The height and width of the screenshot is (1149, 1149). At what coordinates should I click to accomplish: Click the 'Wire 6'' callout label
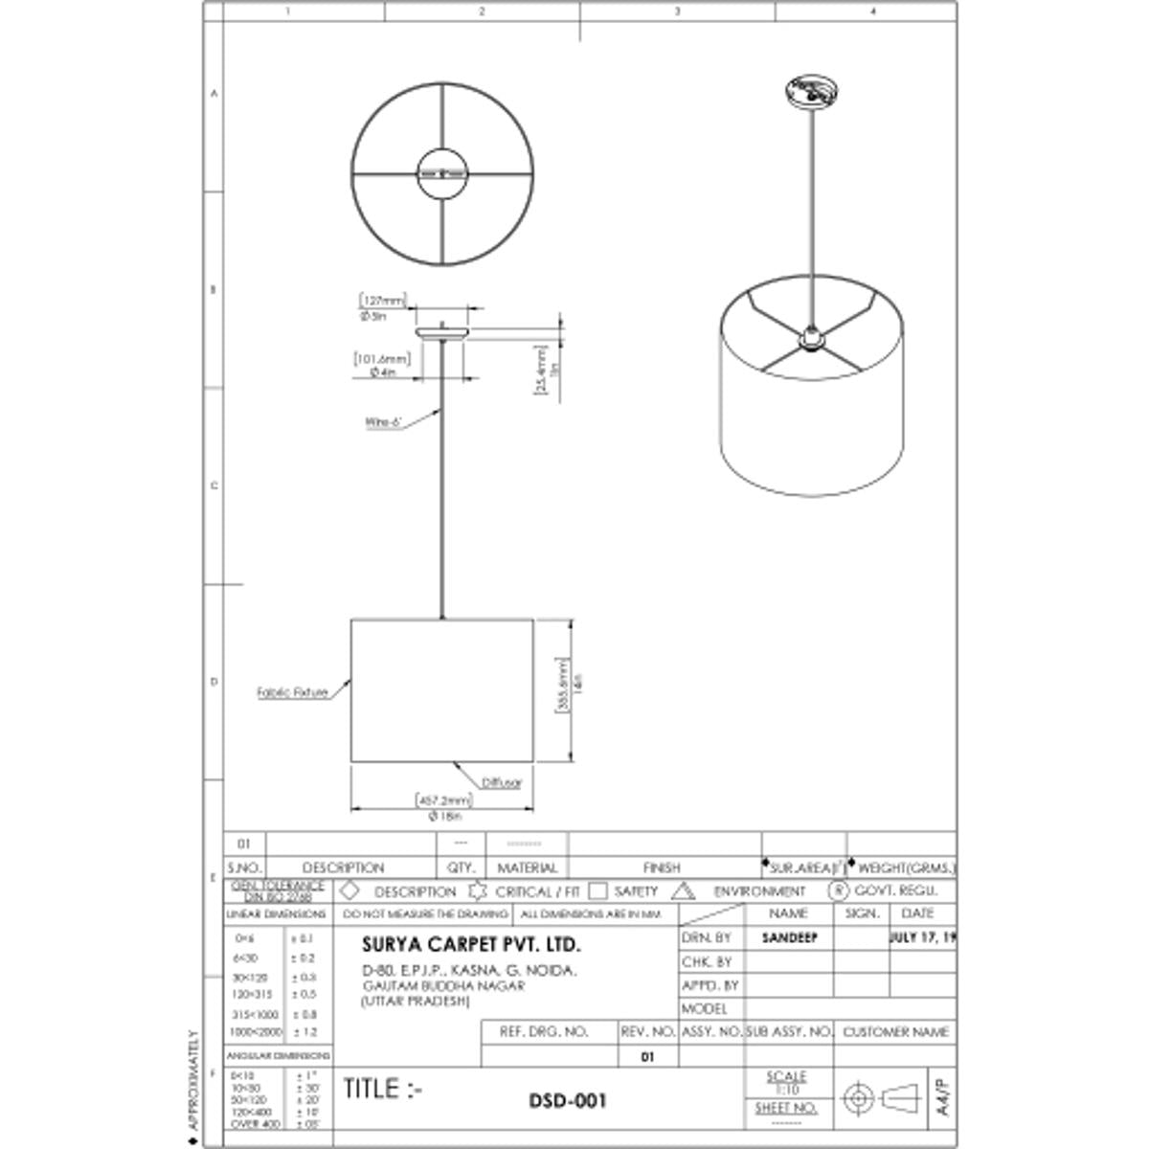[383, 422]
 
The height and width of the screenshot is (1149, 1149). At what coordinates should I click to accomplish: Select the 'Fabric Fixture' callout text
[292, 692]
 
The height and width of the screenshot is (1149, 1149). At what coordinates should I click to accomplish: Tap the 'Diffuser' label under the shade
[502, 783]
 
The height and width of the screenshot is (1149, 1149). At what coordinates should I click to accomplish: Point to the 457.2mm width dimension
[443, 800]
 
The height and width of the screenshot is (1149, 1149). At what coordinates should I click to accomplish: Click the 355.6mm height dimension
[562, 686]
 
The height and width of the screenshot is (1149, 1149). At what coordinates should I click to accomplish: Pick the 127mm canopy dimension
[383, 301]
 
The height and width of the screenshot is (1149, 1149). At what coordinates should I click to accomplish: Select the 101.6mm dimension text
[382, 359]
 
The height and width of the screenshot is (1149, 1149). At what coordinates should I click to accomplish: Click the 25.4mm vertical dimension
[540, 370]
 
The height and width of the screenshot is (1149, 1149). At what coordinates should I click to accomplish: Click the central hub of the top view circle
[442, 173]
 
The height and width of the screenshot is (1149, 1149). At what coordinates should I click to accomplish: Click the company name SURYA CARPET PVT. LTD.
[471, 945]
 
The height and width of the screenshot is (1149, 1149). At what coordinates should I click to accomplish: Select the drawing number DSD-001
[568, 1101]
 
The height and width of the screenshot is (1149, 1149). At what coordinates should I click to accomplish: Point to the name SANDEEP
[790, 938]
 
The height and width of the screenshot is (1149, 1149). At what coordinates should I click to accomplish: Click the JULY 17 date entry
[923, 937]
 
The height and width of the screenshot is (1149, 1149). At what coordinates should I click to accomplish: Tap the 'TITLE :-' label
[383, 1089]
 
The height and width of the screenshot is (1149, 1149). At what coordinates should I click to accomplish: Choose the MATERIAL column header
[527, 867]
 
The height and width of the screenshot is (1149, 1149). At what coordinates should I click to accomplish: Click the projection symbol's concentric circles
[857, 1097]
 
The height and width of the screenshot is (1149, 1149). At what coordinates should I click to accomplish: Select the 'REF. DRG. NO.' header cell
[544, 1032]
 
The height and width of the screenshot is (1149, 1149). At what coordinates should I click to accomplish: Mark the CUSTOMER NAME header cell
[895, 1032]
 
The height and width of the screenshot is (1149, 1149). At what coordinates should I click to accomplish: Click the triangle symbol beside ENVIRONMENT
[683, 891]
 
